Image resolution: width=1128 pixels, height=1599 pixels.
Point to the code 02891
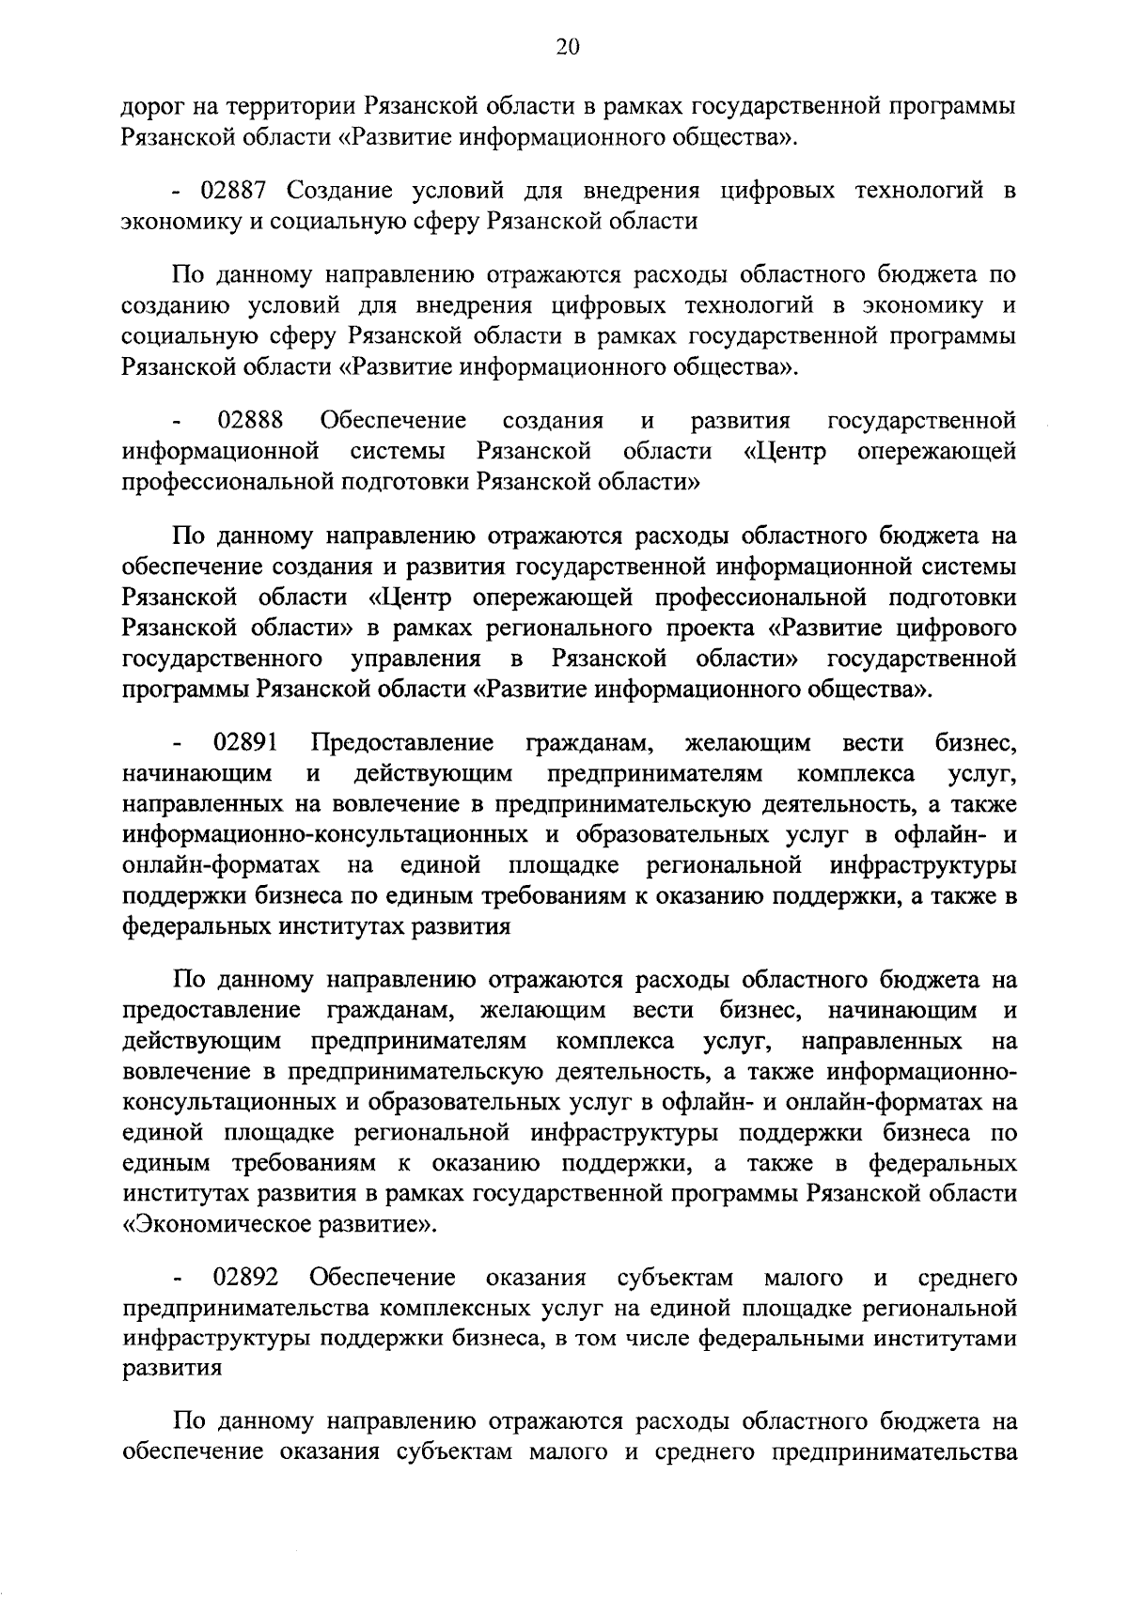click(246, 744)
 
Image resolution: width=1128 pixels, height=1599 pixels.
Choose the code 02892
click(246, 1278)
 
